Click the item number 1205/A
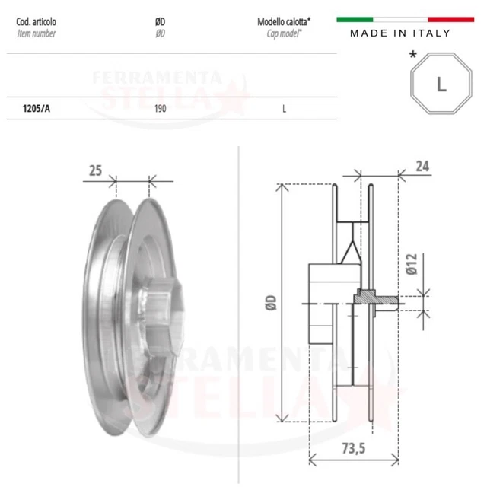pyautogui.click(x=37, y=108)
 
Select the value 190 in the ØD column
pyautogui.click(x=161, y=108)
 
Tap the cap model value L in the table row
pyautogui.click(x=284, y=108)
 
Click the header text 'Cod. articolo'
pyautogui.click(x=37, y=22)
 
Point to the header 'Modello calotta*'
pyautogui.click(x=284, y=22)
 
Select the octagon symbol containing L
pyautogui.click(x=441, y=84)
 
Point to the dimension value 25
pyautogui.click(x=95, y=171)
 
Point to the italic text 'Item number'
pyautogui.click(x=36, y=33)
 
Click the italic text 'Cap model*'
pyautogui.click(x=284, y=33)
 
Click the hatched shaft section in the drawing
pyautogui.click(x=373, y=298)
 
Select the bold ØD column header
pyautogui.click(x=161, y=22)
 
